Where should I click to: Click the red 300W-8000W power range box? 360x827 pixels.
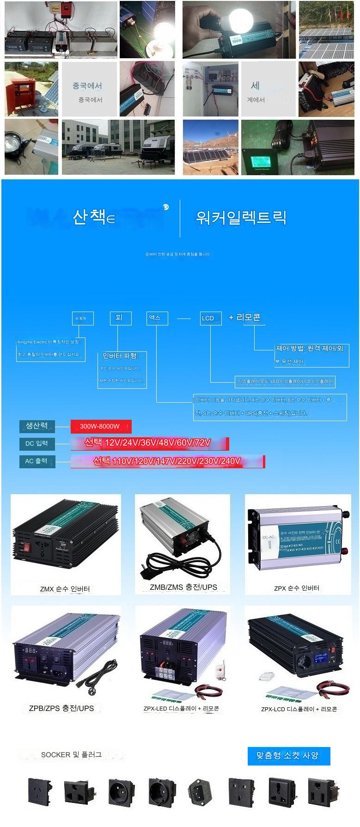tap(101, 426)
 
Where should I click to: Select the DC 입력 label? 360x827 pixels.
tap(37, 444)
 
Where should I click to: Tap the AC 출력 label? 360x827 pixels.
tap(37, 461)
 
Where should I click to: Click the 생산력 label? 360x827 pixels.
tap(37, 426)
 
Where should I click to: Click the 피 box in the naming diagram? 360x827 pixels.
tap(120, 318)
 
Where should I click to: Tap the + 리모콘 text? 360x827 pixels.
tap(244, 318)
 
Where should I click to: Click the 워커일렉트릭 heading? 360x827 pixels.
tap(241, 217)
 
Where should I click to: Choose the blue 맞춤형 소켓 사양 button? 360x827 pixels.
tap(289, 755)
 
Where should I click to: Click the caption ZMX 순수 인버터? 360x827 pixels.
tap(65, 589)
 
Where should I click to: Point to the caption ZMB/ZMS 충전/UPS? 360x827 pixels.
tap(183, 587)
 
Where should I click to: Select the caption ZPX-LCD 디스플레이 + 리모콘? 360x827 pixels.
tap(299, 709)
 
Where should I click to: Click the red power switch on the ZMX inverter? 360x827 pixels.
tap(26, 548)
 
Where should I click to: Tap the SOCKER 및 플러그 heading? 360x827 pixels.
tap(71, 755)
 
